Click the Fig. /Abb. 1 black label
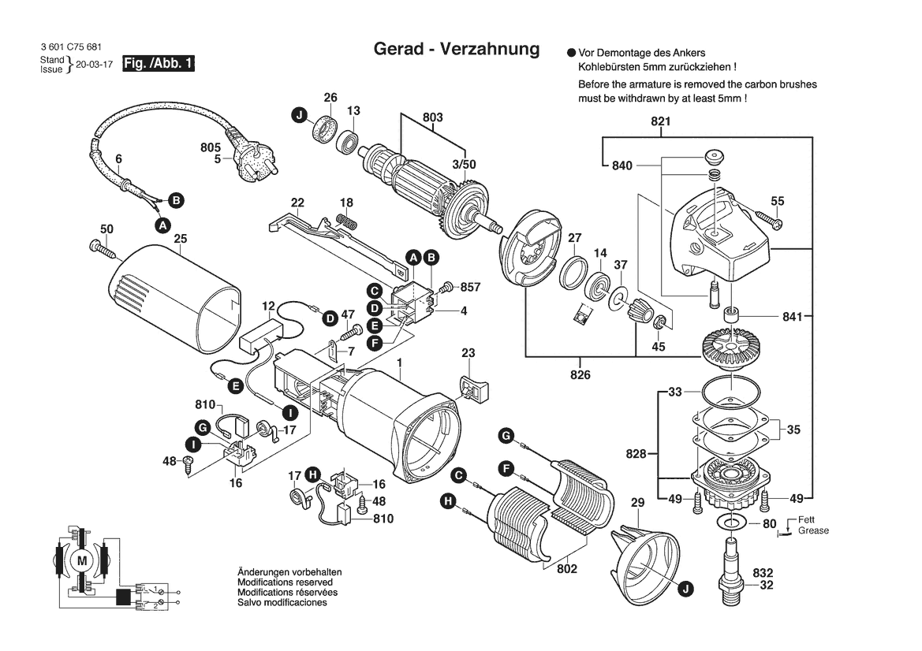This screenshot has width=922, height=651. click(x=159, y=64)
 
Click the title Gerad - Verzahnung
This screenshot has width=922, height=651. click(x=456, y=49)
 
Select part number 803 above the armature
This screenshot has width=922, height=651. click(x=432, y=117)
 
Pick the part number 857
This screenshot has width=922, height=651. click(x=470, y=287)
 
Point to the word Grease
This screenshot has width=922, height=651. click(x=813, y=531)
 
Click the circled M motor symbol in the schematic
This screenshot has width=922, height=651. click(x=83, y=560)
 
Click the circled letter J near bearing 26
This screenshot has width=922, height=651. click(x=299, y=116)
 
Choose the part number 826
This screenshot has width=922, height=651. click(x=580, y=374)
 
